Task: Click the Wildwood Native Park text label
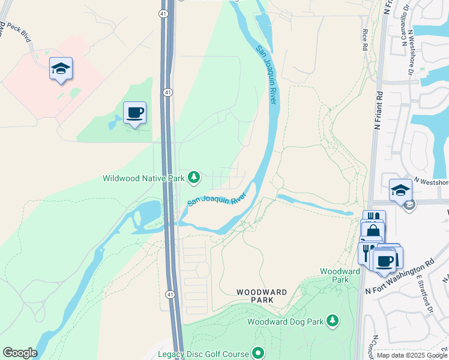[x=143, y=178]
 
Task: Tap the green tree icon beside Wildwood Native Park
[x=193, y=177]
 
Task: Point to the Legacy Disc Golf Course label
[x=203, y=354]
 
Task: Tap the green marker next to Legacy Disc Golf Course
[x=259, y=353]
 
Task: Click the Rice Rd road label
[x=364, y=38]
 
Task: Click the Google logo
[x=20, y=353]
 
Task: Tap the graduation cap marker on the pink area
[x=61, y=69]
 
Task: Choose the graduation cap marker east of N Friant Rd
[x=400, y=191]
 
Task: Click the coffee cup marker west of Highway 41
[x=134, y=112]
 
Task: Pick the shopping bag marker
[x=373, y=230]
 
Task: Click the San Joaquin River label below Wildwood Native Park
[x=217, y=198]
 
